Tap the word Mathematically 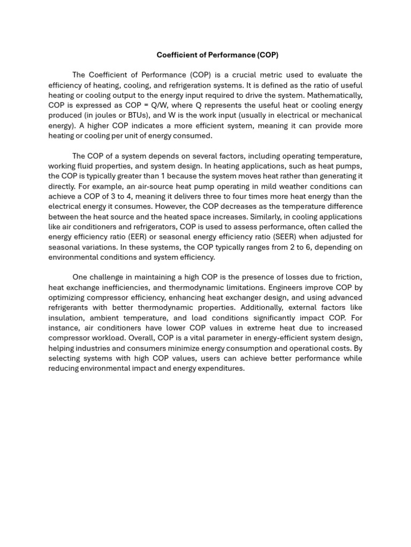point(336,96)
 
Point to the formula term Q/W point(156,106)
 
